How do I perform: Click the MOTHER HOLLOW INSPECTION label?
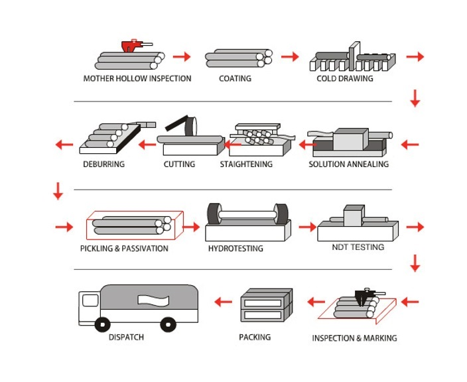pyautogui.click(x=137, y=78)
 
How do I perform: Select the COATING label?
pyautogui.click(x=235, y=78)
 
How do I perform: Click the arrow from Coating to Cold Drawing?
pyautogui.click(x=290, y=57)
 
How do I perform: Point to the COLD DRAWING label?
pyautogui.click(x=345, y=78)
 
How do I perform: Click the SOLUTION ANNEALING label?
pyautogui.click(x=348, y=164)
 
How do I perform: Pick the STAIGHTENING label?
pyautogui.click(x=246, y=164)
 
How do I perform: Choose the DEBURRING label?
pyautogui.click(x=104, y=164)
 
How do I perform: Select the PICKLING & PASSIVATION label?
pyautogui.click(x=124, y=249)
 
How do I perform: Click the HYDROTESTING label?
pyautogui.click(x=235, y=249)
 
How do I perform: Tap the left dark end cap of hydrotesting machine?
pyautogui.click(x=214, y=214)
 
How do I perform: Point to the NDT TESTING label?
pyautogui.click(x=358, y=247)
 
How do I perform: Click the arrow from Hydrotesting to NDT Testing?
pyautogui.click(x=307, y=227)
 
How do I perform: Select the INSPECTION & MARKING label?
pyautogui.click(x=355, y=338)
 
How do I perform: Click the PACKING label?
pyautogui.click(x=255, y=337)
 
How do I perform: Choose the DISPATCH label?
pyautogui.click(x=126, y=337)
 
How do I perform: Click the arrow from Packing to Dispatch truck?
pyautogui.click(x=223, y=302)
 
